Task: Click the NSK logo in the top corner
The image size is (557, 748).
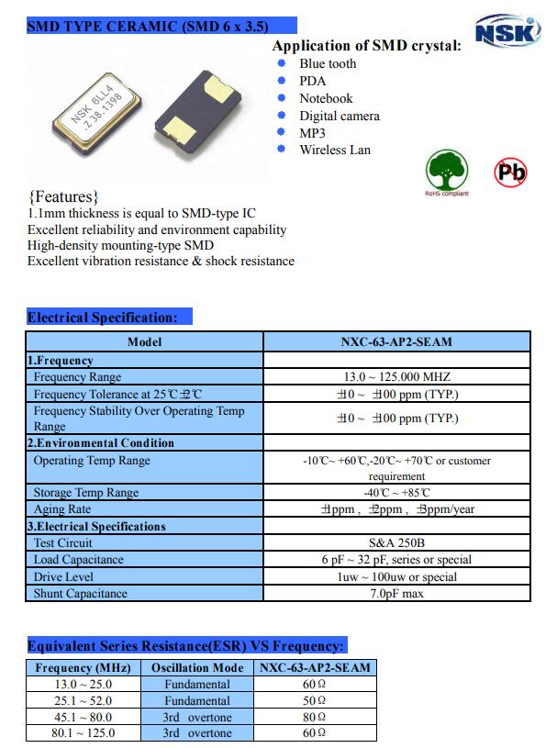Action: pyautogui.click(x=506, y=32)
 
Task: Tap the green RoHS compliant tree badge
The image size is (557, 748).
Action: pyautogui.click(x=445, y=172)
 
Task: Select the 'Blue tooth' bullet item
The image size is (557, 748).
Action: pyautogui.click(x=328, y=63)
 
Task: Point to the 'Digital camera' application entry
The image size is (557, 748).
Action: pyautogui.click(x=339, y=116)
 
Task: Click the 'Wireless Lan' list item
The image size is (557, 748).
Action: pyautogui.click(x=335, y=150)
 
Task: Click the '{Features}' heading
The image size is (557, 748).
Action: pyautogui.click(x=63, y=196)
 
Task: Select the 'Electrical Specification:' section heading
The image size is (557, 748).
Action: pyautogui.click(x=103, y=318)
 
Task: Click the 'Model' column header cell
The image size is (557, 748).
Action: pyautogui.click(x=144, y=342)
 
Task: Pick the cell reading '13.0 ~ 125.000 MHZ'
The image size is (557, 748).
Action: pyautogui.click(x=396, y=376)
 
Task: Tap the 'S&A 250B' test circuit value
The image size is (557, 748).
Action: pyautogui.click(x=396, y=542)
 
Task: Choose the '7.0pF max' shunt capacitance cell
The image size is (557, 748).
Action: pyautogui.click(x=396, y=593)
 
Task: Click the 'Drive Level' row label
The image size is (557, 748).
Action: pyautogui.click(x=63, y=576)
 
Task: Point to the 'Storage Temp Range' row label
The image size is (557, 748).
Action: pyautogui.click(x=86, y=492)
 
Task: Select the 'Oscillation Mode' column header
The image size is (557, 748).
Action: pyautogui.click(x=197, y=667)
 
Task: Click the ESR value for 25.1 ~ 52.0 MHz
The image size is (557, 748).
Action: pyautogui.click(x=315, y=700)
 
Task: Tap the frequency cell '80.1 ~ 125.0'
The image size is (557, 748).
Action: pyautogui.click(x=84, y=733)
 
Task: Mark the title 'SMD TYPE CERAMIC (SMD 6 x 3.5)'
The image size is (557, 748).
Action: pyautogui.click(x=148, y=28)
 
